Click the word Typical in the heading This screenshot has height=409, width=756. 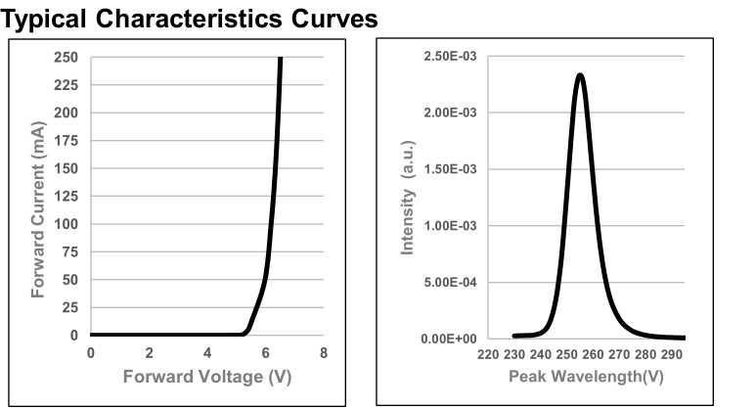[45, 19]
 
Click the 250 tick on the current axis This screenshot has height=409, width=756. [66, 58]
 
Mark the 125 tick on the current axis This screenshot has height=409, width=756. [66, 197]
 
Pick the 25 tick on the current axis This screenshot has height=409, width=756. [69, 308]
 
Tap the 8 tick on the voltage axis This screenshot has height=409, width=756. [324, 353]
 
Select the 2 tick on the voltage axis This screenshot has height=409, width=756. [149, 353]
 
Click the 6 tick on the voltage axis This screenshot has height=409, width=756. [265, 353]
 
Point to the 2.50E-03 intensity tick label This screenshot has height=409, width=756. [449, 56]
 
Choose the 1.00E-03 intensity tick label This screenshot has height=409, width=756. [449, 226]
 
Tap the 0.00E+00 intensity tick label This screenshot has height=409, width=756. [449, 339]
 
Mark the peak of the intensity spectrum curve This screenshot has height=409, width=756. [580, 74]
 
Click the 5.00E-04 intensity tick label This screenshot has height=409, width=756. [449, 283]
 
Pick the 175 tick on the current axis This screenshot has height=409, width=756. [66, 141]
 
